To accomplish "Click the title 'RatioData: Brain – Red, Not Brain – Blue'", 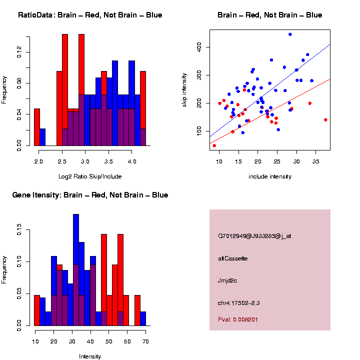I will click(x=90, y=15).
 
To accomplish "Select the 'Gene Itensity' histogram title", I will click(x=90, y=195).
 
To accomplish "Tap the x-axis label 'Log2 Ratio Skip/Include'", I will click(x=89, y=176).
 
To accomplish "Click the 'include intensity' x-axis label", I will click(x=269, y=176).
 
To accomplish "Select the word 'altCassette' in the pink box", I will click(x=233, y=258).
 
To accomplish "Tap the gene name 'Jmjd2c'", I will click(x=227, y=280).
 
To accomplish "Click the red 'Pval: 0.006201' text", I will click(x=238, y=318).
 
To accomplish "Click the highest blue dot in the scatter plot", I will click(x=290, y=34).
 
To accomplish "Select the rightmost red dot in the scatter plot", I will click(x=325, y=120).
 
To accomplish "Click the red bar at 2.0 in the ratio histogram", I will click(x=36, y=127).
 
